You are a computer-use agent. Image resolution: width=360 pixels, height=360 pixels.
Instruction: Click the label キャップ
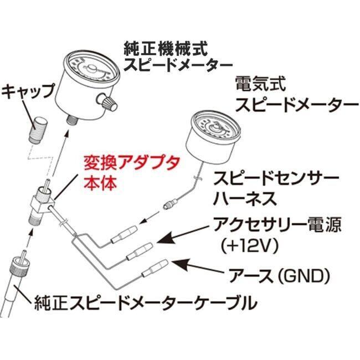(x=28, y=91)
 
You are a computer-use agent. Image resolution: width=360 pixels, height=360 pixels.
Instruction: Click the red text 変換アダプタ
(x=131, y=164)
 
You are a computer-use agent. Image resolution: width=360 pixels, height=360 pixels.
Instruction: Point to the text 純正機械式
(x=166, y=49)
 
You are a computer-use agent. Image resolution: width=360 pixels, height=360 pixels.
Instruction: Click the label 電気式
(x=261, y=84)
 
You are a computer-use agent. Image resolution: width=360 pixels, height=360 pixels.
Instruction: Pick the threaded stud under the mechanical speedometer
(x=72, y=121)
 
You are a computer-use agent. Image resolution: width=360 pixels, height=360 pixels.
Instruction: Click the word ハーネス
(x=245, y=199)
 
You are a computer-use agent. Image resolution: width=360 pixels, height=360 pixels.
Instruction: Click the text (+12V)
(x=249, y=246)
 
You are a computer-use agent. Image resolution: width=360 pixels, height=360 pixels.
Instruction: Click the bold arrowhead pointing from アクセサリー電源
(x=166, y=239)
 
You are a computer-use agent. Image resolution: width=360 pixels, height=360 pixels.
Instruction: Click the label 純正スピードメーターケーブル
(x=146, y=303)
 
